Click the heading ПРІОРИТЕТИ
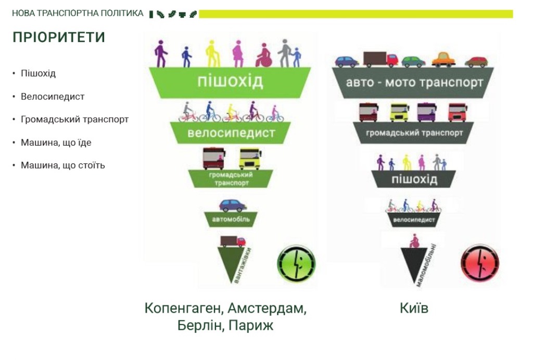59,37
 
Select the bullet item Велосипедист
53,97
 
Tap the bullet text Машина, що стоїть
63,165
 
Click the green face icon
296,264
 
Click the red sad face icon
480,263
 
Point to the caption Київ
414,308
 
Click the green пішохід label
230,82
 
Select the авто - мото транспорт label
414,83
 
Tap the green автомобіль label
231,220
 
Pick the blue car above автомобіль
233,205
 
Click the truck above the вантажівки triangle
233,241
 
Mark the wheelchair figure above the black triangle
414,241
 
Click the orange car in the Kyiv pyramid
443,60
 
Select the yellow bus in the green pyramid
250,159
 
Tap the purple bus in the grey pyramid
427,112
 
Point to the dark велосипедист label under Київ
414,220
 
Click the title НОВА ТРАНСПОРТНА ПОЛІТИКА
78,13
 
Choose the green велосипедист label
231,133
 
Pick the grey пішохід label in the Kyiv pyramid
414,179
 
